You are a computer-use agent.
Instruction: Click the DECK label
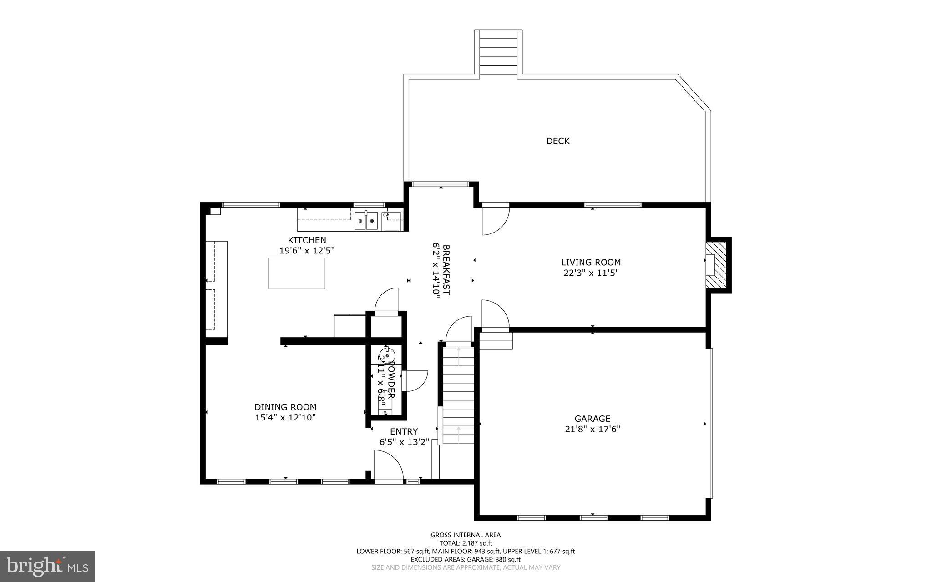pyautogui.click(x=557, y=141)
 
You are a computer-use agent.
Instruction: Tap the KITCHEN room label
pyautogui.click(x=307, y=240)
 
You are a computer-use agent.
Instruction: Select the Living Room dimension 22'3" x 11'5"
pyautogui.click(x=591, y=273)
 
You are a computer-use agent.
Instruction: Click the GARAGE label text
pyautogui.click(x=592, y=419)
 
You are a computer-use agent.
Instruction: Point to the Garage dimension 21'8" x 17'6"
pyautogui.click(x=592, y=429)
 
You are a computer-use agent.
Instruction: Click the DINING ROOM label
pyautogui.click(x=285, y=407)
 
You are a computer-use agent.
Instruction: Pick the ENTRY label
pyautogui.click(x=404, y=431)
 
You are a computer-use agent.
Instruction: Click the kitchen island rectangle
pyautogui.click(x=297, y=273)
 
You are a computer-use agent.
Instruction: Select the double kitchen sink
pyautogui.click(x=366, y=221)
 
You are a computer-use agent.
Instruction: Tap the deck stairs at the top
pyautogui.click(x=499, y=52)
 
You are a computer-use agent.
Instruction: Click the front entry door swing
pyautogui.click(x=388, y=465)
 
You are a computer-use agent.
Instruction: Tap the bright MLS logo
pyautogui.click(x=47, y=566)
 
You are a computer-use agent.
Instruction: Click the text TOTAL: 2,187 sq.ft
pyautogui.click(x=466, y=543)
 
